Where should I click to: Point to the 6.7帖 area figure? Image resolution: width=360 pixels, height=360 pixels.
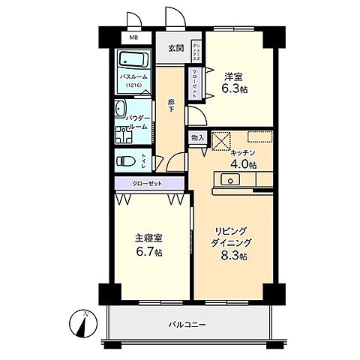point(149,251)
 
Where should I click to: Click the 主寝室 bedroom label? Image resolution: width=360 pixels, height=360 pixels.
point(148,238)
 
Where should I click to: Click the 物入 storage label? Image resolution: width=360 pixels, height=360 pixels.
point(197,139)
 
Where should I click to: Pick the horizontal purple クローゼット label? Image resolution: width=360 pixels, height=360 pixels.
point(145,183)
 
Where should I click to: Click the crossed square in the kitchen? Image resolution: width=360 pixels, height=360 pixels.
point(221,140)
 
